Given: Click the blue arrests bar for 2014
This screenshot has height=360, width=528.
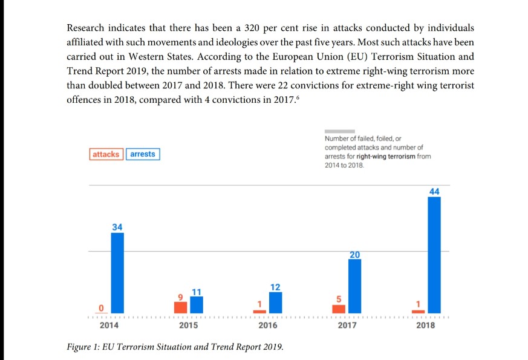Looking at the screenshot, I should click(117, 273).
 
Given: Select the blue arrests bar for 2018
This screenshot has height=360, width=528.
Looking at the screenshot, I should click(434, 255).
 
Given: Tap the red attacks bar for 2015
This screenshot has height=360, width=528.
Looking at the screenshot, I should click(180, 307).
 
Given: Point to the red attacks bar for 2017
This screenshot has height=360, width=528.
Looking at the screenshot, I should click(339, 309).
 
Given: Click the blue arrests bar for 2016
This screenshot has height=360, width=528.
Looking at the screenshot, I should click(275, 303).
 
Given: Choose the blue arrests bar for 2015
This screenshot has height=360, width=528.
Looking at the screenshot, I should click(197, 304).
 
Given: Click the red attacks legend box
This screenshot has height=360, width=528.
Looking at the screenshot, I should click(106, 154).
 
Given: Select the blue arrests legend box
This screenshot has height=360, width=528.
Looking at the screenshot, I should click(143, 154).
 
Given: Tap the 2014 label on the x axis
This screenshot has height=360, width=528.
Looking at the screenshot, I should click(109, 326).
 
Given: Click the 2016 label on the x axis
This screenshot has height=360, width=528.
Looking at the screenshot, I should click(267, 326).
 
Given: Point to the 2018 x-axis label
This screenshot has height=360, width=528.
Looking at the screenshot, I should click(425, 326).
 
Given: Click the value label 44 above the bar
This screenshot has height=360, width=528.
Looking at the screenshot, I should click(434, 191).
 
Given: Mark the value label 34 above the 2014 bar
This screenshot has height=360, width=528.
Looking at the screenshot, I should click(117, 226).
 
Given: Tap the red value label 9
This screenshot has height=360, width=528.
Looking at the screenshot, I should click(180, 296).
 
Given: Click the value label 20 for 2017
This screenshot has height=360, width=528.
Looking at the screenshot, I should click(354, 255).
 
